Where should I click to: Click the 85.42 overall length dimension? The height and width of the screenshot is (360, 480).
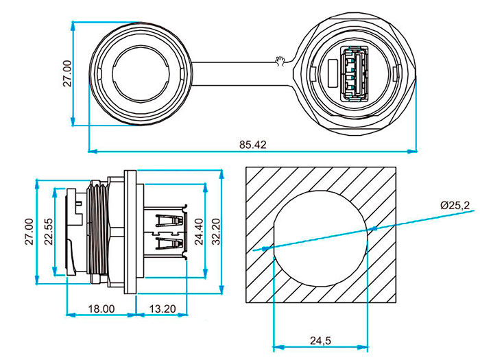tap(253, 145)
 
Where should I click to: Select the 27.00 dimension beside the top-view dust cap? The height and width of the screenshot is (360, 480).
tap(67, 73)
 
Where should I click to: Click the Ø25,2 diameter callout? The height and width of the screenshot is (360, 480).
tap(455, 205)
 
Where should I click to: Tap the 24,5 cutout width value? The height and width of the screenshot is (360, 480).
tap(321, 341)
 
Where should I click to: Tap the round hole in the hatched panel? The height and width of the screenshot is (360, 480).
tap(322, 237)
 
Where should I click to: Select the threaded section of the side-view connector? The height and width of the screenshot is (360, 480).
tap(97, 230)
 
